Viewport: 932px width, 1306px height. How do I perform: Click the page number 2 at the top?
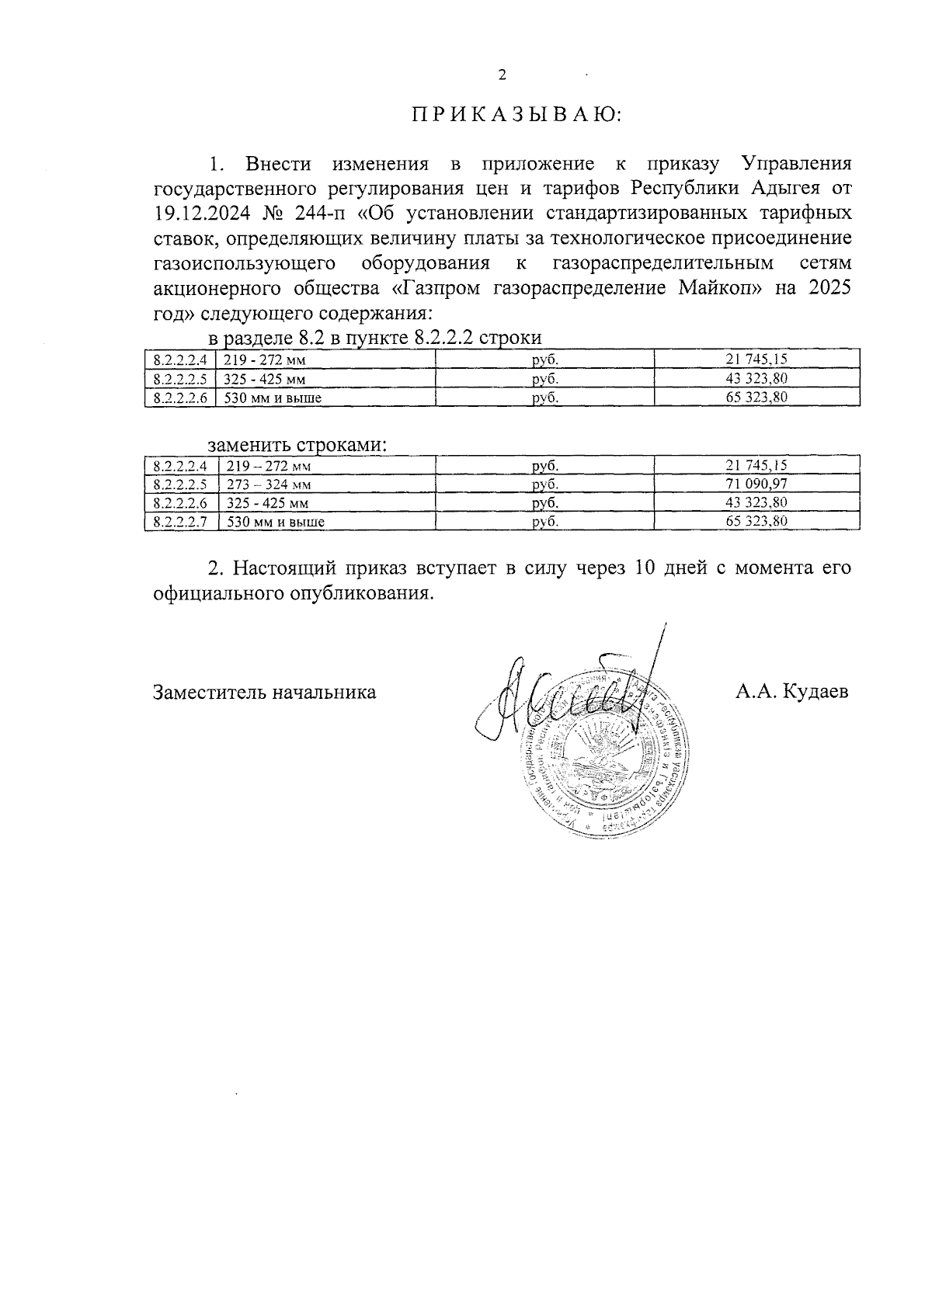point(501,75)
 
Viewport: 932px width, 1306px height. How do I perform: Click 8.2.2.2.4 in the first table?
point(180,359)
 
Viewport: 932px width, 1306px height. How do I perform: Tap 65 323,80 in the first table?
point(756,398)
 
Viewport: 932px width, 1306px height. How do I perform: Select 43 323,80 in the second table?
point(756,502)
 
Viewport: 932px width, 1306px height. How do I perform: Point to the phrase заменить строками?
point(297,446)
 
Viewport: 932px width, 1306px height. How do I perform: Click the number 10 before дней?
point(645,568)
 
